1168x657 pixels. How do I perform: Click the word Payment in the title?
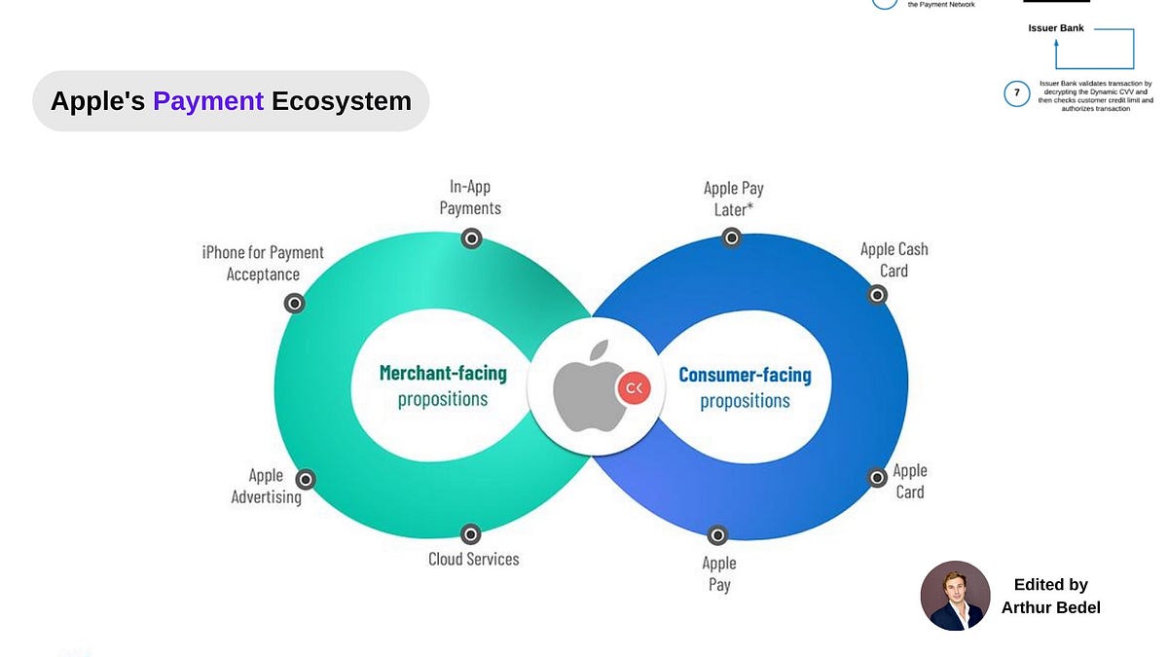coord(208,101)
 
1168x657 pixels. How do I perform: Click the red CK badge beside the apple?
coord(634,389)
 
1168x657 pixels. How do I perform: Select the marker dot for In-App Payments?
coord(471,238)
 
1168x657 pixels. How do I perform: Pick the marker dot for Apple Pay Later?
coord(732,237)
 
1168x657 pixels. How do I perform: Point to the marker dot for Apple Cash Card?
coord(877,294)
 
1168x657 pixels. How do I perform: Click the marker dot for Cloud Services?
coord(471,533)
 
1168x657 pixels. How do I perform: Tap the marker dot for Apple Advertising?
coord(306,479)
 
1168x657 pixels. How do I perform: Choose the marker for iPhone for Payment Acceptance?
coord(294,303)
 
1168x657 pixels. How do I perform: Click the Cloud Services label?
coord(474,559)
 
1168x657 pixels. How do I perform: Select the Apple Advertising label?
coord(266,486)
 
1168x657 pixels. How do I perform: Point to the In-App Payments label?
coord(470,197)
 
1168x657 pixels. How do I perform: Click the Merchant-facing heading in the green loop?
coord(443,373)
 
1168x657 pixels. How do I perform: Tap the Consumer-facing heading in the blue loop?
coord(745,375)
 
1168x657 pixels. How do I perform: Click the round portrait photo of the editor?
coord(955,596)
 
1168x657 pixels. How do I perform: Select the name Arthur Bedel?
coord(1050,607)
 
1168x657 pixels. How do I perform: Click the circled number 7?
coord(1017,93)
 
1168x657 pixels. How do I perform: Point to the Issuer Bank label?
coord(1056,28)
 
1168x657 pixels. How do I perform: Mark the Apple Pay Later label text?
coord(734,199)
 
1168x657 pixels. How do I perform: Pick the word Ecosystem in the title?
coord(342,101)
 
